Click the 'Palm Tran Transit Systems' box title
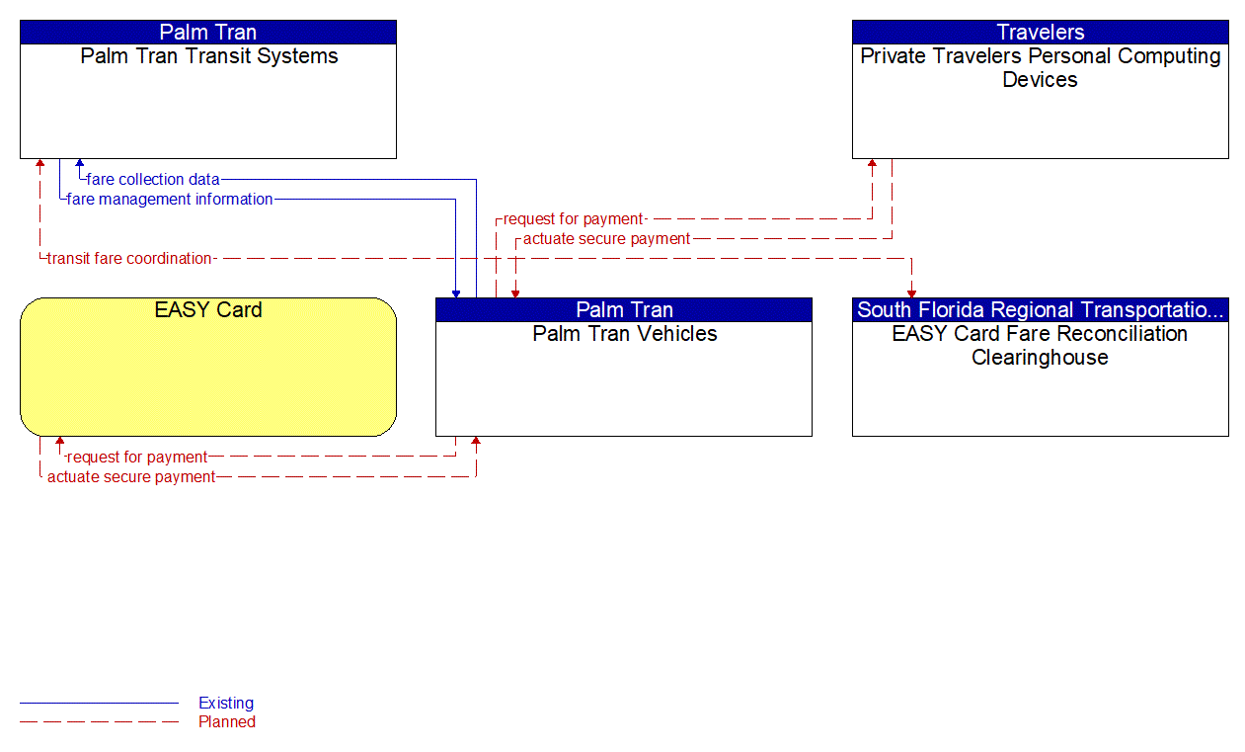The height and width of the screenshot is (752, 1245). [x=208, y=56]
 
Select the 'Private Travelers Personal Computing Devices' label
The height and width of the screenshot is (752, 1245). [x=1040, y=68]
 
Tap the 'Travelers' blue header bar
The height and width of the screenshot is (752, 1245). [x=1040, y=33]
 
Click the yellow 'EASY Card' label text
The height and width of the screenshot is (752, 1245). [x=208, y=310]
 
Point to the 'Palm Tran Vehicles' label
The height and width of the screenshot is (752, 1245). [x=624, y=334]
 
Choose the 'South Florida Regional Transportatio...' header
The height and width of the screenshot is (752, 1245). [x=1040, y=310]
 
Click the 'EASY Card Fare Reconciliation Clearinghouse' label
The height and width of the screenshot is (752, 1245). [x=1040, y=346]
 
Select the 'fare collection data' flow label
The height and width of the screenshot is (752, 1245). [x=153, y=180]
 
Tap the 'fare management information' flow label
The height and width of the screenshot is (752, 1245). [x=170, y=200]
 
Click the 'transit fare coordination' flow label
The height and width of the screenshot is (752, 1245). [x=129, y=259]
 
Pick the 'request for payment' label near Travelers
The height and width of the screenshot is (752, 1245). [x=573, y=219]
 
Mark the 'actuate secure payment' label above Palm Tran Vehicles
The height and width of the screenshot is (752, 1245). [x=606, y=239]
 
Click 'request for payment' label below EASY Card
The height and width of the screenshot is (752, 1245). [x=136, y=458]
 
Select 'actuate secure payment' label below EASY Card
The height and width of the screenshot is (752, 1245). [x=131, y=477]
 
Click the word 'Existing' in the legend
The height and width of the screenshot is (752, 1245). [x=226, y=704]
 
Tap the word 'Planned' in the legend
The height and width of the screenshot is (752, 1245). [x=227, y=722]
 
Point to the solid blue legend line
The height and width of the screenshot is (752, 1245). [x=99, y=704]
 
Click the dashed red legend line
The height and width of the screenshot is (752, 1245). [x=99, y=722]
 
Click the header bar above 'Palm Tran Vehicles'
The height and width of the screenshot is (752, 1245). [x=624, y=310]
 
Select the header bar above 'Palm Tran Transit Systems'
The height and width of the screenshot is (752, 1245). [x=208, y=33]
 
